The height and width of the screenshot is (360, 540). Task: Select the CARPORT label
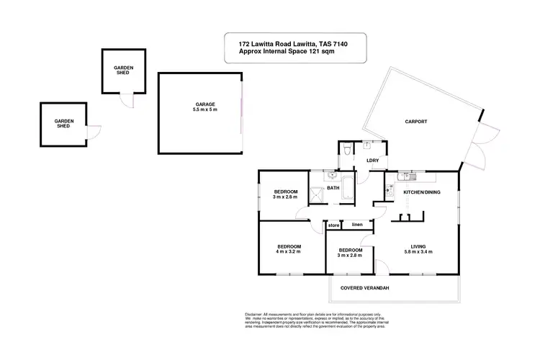415,122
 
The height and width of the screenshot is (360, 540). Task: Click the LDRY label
372,161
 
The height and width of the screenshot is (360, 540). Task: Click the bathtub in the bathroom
348,188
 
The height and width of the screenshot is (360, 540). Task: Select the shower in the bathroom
318,194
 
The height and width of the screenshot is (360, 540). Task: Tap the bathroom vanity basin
332,175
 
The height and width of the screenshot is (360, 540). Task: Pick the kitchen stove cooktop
389,191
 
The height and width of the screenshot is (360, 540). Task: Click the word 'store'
333,226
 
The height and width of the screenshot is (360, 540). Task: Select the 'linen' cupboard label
357,225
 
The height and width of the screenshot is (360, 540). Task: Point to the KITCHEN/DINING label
421,193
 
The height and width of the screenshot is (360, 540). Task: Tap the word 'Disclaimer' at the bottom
252,315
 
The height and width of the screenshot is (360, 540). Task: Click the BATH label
333,189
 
